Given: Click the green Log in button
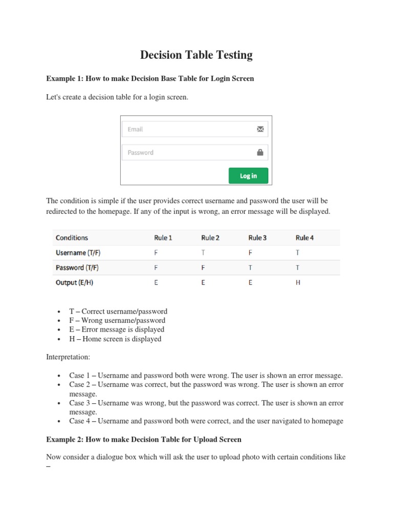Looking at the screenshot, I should pyautogui.click(x=248, y=176).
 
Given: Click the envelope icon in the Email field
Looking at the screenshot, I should pyautogui.click(x=260, y=129).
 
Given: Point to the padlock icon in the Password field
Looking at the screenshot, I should pyautogui.click(x=260, y=152).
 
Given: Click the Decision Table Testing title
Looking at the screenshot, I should pyautogui.click(x=196, y=55).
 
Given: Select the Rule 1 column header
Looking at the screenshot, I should pyautogui.click(x=163, y=237).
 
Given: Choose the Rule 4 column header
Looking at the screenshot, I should pyautogui.click(x=304, y=237).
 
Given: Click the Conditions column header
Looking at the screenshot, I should pyautogui.click(x=72, y=237).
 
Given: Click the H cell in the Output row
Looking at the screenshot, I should pyautogui.click(x=298, y=282).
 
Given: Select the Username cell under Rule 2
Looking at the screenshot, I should pyautogui.click(x=203, y=252).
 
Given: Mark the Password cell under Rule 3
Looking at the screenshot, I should pyautogui.click(x=250, y=268).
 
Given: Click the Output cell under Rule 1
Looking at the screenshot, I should pyautogui.click(x=156, y=282).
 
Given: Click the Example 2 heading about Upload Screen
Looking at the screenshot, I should pyautogui.click(x=144, y=440).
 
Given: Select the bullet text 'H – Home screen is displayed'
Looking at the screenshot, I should pyautogui.click(x=115, y=339).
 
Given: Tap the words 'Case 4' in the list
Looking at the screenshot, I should pyautogui.click(x=81, y=421).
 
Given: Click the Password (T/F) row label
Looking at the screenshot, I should pyautogui.click(x=77, y=268).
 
